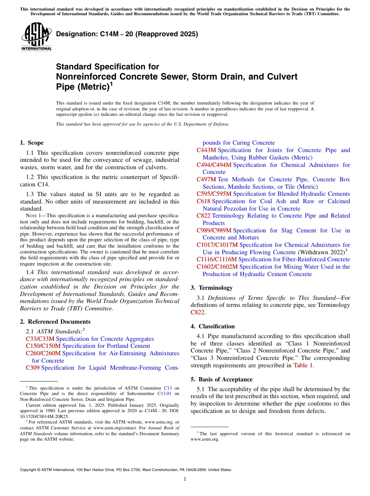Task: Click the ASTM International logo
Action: (36, 37)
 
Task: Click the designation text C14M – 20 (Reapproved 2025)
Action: (127, 34)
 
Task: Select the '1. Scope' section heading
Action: (32, 143)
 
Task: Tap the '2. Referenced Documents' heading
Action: (55, 322)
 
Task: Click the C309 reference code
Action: (33, 368)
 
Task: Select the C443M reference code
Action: (206, 150)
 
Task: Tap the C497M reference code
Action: (206, 179)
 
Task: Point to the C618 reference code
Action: (203, 201)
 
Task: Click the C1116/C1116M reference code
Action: (217, 259)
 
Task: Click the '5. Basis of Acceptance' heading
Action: (222, 379)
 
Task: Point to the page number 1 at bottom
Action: (185, 479)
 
